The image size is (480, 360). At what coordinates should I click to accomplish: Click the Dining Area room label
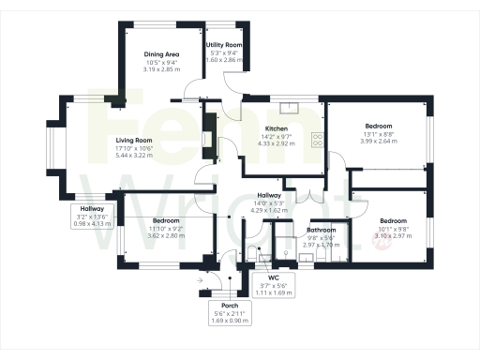point(161,53)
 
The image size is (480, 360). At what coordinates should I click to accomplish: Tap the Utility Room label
point(224,45)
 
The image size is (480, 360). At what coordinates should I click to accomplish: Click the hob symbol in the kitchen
point(319,141)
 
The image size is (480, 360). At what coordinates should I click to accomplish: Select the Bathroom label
point(322,230)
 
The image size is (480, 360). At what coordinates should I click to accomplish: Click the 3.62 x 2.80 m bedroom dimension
point(166,235)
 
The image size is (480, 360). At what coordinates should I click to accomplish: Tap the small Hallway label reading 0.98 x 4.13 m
point(92,223)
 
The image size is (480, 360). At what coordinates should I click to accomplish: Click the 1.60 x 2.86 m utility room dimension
point(224,60)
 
